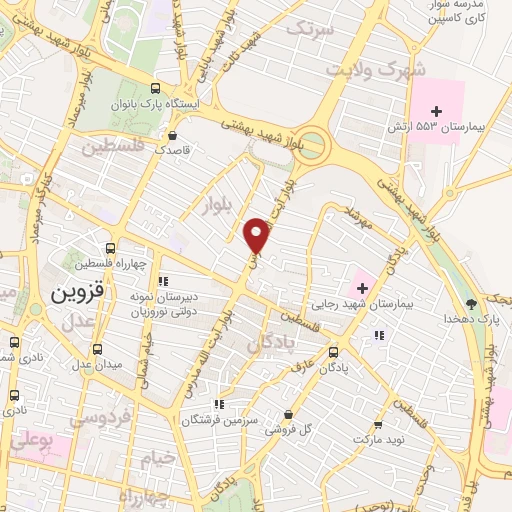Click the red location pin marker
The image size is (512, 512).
257,235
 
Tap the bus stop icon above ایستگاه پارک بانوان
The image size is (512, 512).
155,87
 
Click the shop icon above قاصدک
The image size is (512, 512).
174,134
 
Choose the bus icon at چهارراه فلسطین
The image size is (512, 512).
110,248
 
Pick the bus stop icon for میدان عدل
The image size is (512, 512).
97,350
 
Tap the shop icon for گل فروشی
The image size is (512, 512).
289,415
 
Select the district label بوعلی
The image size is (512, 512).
30,439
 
